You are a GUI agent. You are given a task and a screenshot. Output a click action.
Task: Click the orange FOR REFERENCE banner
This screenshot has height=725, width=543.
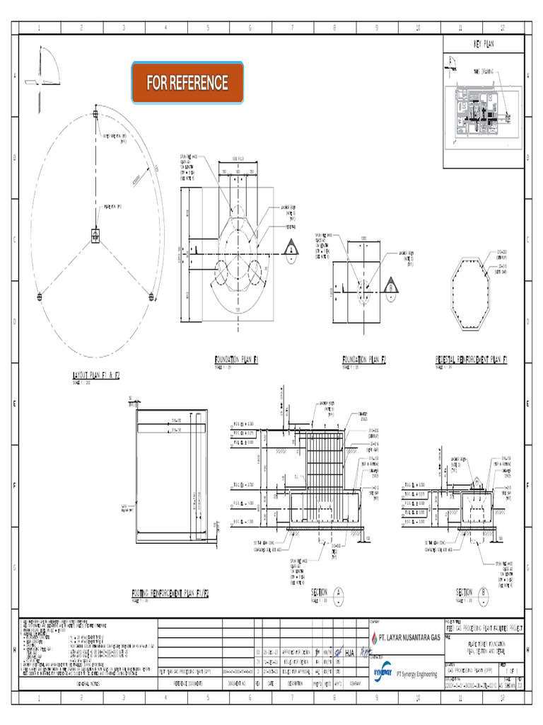187,83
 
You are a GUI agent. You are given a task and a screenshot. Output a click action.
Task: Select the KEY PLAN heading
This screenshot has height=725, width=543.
485,44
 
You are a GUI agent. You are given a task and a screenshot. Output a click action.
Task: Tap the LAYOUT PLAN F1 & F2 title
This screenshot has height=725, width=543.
96,375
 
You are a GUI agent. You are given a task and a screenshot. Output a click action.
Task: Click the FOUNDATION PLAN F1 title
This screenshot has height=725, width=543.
237,360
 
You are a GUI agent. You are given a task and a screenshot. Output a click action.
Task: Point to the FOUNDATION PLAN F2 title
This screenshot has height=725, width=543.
364,360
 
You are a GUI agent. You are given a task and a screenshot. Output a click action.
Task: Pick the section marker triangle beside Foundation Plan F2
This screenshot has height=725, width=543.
390,287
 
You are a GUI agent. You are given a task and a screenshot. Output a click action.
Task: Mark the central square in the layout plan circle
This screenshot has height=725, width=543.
95,235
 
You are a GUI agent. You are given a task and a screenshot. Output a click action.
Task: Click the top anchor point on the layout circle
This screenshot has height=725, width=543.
95,113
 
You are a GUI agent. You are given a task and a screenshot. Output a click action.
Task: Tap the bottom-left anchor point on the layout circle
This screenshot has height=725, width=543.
39,296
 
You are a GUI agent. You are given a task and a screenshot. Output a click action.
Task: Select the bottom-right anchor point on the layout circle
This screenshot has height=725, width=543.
151,296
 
